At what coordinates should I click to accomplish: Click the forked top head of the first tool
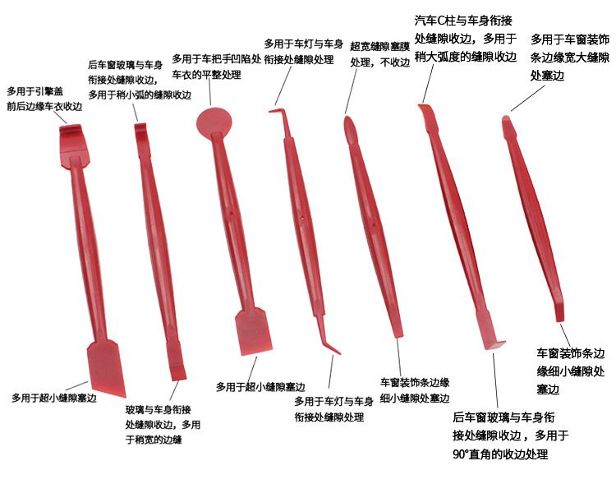[72, 139]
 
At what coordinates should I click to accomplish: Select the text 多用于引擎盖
[34, 91]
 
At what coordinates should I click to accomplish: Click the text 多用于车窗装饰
[570, 39]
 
